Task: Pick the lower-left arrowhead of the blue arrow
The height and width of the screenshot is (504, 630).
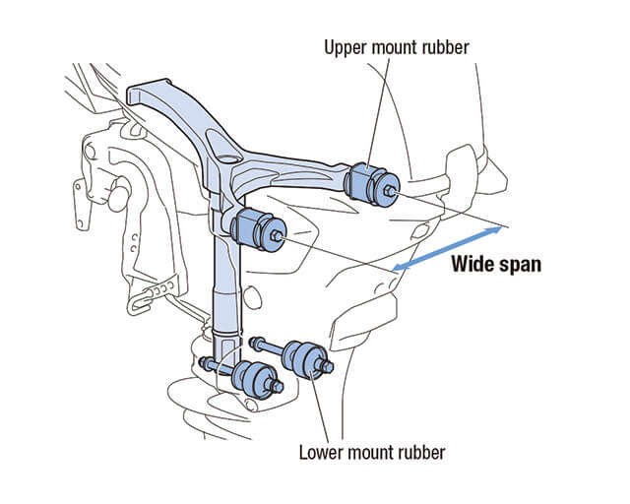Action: [397, 267]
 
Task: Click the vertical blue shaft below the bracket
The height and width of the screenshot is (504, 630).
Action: [225, 285]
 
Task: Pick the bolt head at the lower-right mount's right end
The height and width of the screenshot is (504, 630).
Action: [325, 369]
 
